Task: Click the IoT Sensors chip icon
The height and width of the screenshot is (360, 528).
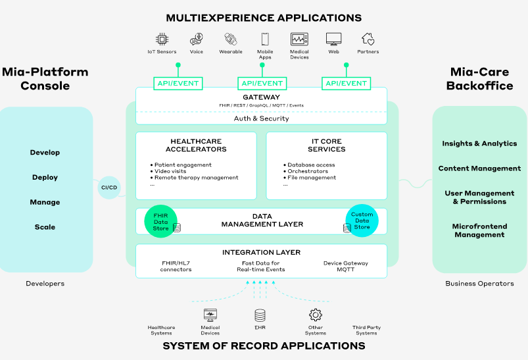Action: [161, 39]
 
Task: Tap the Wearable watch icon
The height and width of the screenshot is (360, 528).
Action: [230, 39]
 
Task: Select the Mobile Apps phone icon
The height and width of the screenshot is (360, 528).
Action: [265, 39]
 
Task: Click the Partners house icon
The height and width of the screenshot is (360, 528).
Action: [368, 39]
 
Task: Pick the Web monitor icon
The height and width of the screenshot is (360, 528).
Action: [334, 39]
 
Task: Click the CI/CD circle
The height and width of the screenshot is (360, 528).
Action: [109, 188]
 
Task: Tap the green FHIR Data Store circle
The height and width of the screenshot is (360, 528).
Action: [161, 221]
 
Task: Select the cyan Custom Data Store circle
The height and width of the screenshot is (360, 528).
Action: [362, 221]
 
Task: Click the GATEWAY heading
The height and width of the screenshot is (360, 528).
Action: [261, 97]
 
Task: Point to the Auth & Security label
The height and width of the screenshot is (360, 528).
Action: [261, 118]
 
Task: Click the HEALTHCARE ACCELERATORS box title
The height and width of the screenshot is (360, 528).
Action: [196, 145]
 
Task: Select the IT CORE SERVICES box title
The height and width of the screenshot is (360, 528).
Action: [326, 145]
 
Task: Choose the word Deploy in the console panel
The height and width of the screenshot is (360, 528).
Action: [45, 177]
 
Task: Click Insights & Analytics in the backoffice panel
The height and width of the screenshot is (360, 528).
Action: [479, 143]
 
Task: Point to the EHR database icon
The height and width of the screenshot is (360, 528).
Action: [260, 315]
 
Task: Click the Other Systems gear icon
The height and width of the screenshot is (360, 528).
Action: [316, 315]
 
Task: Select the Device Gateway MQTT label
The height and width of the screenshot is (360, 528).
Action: [345, 267]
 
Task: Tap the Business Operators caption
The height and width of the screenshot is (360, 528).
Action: [479, 284]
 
